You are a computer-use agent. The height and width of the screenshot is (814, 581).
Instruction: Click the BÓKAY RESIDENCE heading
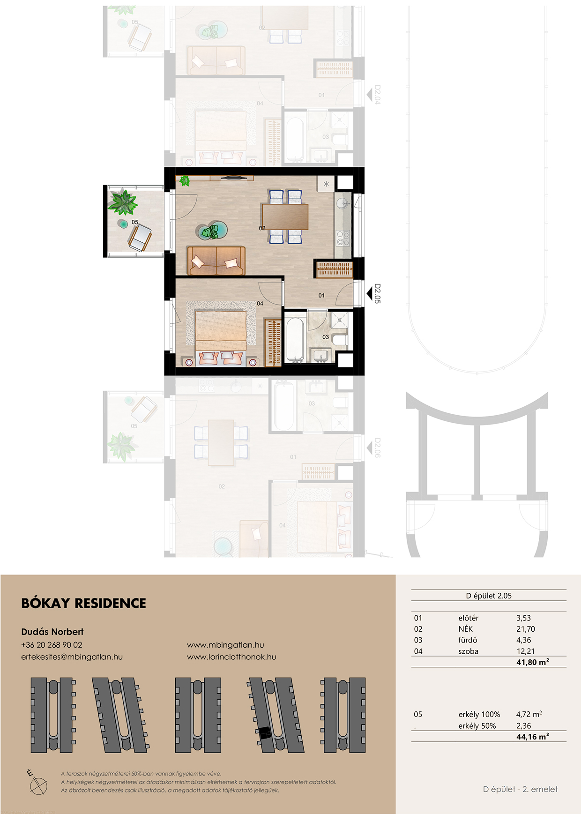[83, 603]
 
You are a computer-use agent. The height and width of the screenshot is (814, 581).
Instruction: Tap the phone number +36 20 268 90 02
[52, 645]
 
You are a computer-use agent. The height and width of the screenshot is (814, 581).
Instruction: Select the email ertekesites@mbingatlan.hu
[72, 657]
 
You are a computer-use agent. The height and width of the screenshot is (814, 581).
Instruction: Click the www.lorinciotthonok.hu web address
[231, 657]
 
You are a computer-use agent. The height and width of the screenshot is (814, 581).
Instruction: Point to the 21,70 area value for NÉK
[525, 629]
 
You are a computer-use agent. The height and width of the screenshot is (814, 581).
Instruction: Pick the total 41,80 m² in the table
[533, 662]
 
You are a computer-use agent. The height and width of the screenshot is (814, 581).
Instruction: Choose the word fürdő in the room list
[467, 640]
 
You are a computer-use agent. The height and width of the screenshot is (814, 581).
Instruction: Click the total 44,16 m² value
[533, 737]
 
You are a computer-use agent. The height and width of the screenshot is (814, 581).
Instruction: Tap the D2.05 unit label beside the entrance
[378, 294]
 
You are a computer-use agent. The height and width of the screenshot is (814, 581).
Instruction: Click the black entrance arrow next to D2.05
[369, 294]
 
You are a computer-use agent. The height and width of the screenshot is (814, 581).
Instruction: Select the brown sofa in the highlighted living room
[216, 261]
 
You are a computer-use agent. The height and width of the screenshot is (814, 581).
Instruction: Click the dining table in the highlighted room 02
[285, 217]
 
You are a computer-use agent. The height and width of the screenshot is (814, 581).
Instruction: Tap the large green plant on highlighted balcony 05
[123, 202]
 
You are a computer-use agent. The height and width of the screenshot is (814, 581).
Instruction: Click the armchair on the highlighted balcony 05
[140, 238]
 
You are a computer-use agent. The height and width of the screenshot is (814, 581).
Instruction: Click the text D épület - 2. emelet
[520, 789]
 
